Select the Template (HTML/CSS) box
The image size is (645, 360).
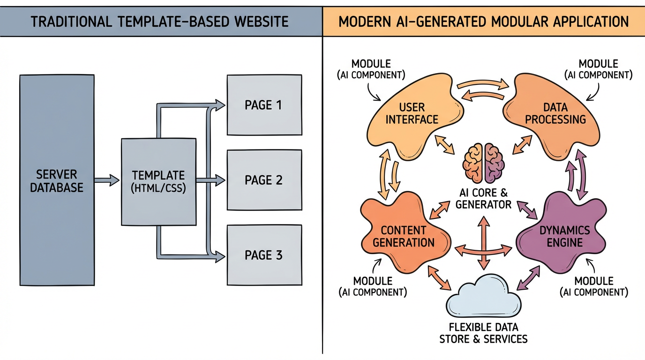pyautogui.click(x=158, y=182)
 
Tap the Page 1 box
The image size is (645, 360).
pyautogui.click(x=264, y=105)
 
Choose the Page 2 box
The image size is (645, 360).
pyautogui.click(x=264, y=180)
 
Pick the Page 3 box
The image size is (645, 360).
pyautogui.click(x=264, y=255)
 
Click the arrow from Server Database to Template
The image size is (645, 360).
pyautogui.click(x=107, y=180)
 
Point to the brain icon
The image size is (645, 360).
pyautogui.click(x=483, y=163)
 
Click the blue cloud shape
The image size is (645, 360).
pyautogui.click(x=483, y=296)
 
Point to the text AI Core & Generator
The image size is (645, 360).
pyautogui.click(x=483, y=199)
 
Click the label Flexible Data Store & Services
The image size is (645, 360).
pyautogui.click(x=483, y=333)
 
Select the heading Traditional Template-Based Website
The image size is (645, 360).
pyautogui.click(x=160, y=22)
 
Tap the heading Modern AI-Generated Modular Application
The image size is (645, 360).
pyautogui.click(x=483, y=22)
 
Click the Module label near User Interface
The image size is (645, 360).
pyautogui.click(x=371, y=69)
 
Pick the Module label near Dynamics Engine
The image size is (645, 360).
pyautogui.click(x=594, y=286)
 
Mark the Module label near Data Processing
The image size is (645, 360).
pyautogui.click(x=598, y=69)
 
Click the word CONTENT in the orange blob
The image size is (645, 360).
pyautogui.click(x=404, y=230)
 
